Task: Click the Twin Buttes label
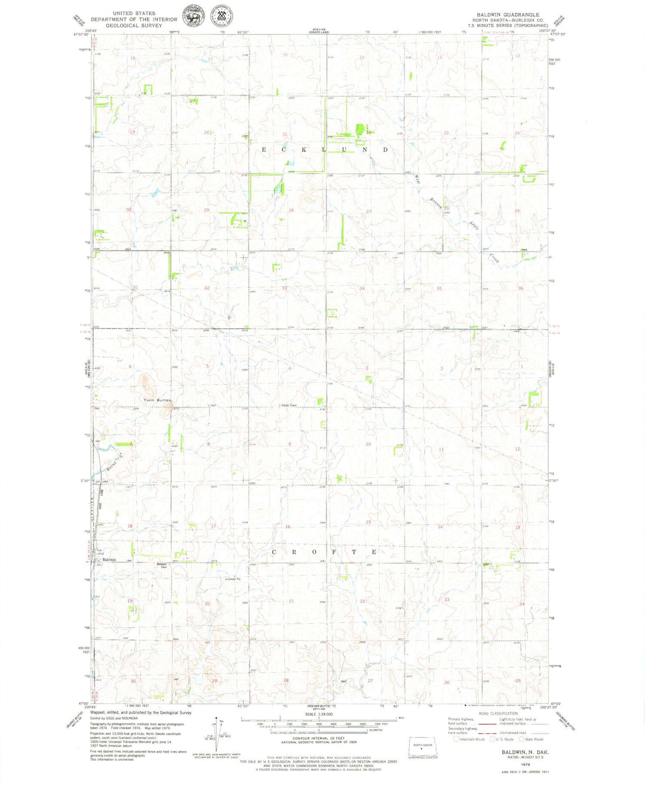157,400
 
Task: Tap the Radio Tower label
289,405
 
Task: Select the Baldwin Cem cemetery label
162,565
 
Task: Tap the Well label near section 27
344,681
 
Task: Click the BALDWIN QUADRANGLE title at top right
508,15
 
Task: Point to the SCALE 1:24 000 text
319,714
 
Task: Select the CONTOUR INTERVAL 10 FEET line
319,738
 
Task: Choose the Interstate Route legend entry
470,739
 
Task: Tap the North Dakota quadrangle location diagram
423,746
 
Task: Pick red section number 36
520,288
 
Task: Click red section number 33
284,288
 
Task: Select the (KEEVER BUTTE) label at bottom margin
319,706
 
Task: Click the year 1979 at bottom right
525,765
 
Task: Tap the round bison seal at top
194,16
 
